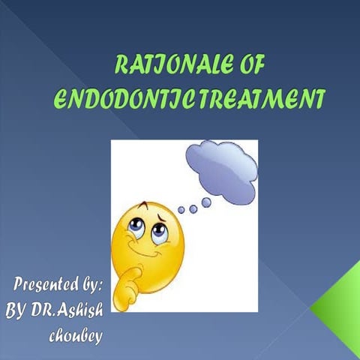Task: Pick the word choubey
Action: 76,334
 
